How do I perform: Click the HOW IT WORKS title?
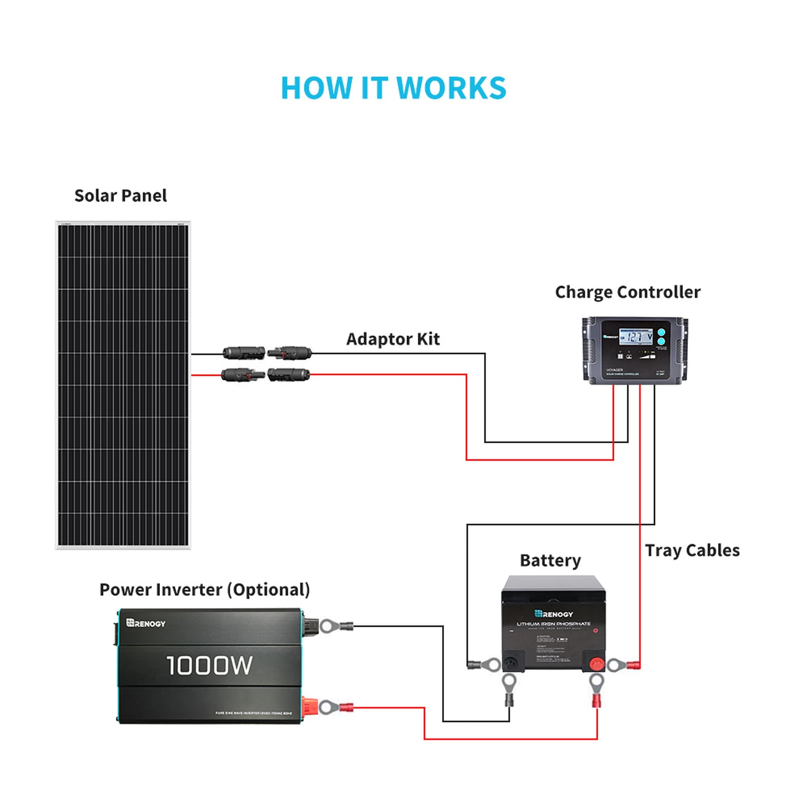[x=394, y=88]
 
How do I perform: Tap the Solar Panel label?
[x=120, y=196]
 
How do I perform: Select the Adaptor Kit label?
[x=392, y=339]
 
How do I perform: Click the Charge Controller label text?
[x=627, y=292]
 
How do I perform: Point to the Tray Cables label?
[x=692, y=550]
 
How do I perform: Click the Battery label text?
[x=550, y=561]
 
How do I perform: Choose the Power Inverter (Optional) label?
[x=205, y=590]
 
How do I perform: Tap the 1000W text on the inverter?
[x=209, y=666]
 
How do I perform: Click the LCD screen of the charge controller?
[x=636, y=337]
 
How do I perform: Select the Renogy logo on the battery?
[x=554, y=614]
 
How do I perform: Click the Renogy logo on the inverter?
[x=146, y=623]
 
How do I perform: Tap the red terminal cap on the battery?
[x=597, y=663]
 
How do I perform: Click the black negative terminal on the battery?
[x=511, y=663]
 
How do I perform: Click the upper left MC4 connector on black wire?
[x=244, y=353]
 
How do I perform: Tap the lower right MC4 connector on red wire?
[x=288, y=374]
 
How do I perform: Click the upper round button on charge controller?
[x=661, y=333]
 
